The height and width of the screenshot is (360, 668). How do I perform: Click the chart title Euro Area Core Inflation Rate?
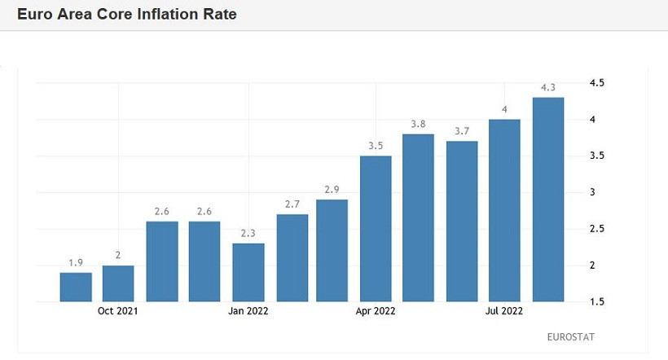point(127,15)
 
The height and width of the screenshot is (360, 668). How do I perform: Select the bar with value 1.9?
point(76,287)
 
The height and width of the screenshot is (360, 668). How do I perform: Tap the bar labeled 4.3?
point(548,200)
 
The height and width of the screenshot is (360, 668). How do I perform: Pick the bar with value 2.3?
point(248,272)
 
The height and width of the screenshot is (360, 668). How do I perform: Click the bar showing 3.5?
point(376,228)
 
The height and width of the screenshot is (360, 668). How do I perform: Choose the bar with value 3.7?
point(462,221)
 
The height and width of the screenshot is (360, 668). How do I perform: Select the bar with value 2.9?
point(332,250)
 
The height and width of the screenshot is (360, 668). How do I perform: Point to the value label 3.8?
point(419,124)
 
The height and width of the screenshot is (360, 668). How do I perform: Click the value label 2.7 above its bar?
point(292,204)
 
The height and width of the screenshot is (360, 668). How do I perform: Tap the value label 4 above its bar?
point(505,109)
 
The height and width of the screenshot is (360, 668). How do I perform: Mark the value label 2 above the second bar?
point(118,255)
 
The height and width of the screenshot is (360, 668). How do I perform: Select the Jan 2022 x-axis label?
point(248,310)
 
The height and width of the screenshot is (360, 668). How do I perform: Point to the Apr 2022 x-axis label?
point(376,310)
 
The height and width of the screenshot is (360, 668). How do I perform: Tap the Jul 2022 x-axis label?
point(505,310)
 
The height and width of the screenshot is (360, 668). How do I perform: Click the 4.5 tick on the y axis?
point(596,83)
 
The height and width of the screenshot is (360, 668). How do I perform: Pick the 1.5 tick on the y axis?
point(596,301)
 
